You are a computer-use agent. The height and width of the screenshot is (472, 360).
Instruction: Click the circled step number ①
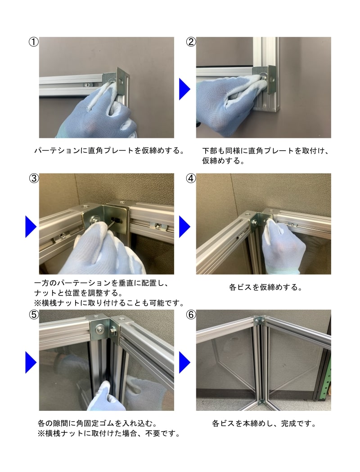point(33,41)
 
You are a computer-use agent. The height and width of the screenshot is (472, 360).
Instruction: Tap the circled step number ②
point(191,41)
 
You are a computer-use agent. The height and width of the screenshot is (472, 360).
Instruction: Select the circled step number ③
point(34,178)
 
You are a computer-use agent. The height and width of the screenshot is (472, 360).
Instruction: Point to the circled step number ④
point(191,178)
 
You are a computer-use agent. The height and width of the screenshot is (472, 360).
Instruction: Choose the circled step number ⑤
point(34,315)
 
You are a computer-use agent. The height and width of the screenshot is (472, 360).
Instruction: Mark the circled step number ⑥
point(191,315)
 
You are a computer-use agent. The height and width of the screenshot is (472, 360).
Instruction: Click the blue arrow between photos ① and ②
point(184,89)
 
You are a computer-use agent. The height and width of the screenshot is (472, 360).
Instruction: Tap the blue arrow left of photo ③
point(31,227)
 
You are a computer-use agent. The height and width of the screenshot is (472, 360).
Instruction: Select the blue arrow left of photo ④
point(184,227)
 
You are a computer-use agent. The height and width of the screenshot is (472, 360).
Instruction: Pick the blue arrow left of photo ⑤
point(31,362)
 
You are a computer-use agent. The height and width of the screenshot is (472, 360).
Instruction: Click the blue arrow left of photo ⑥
point(184,362)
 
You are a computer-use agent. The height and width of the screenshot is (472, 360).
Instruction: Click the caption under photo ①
point(110,151)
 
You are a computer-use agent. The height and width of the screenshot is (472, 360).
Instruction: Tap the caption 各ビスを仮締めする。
point(265,287)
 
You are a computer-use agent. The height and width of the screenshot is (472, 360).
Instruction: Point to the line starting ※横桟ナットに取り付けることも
point(109,303)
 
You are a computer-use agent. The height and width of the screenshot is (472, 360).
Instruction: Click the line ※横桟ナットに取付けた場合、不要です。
point(109,434)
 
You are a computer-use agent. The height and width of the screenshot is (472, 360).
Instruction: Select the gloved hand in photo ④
point(282,246)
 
